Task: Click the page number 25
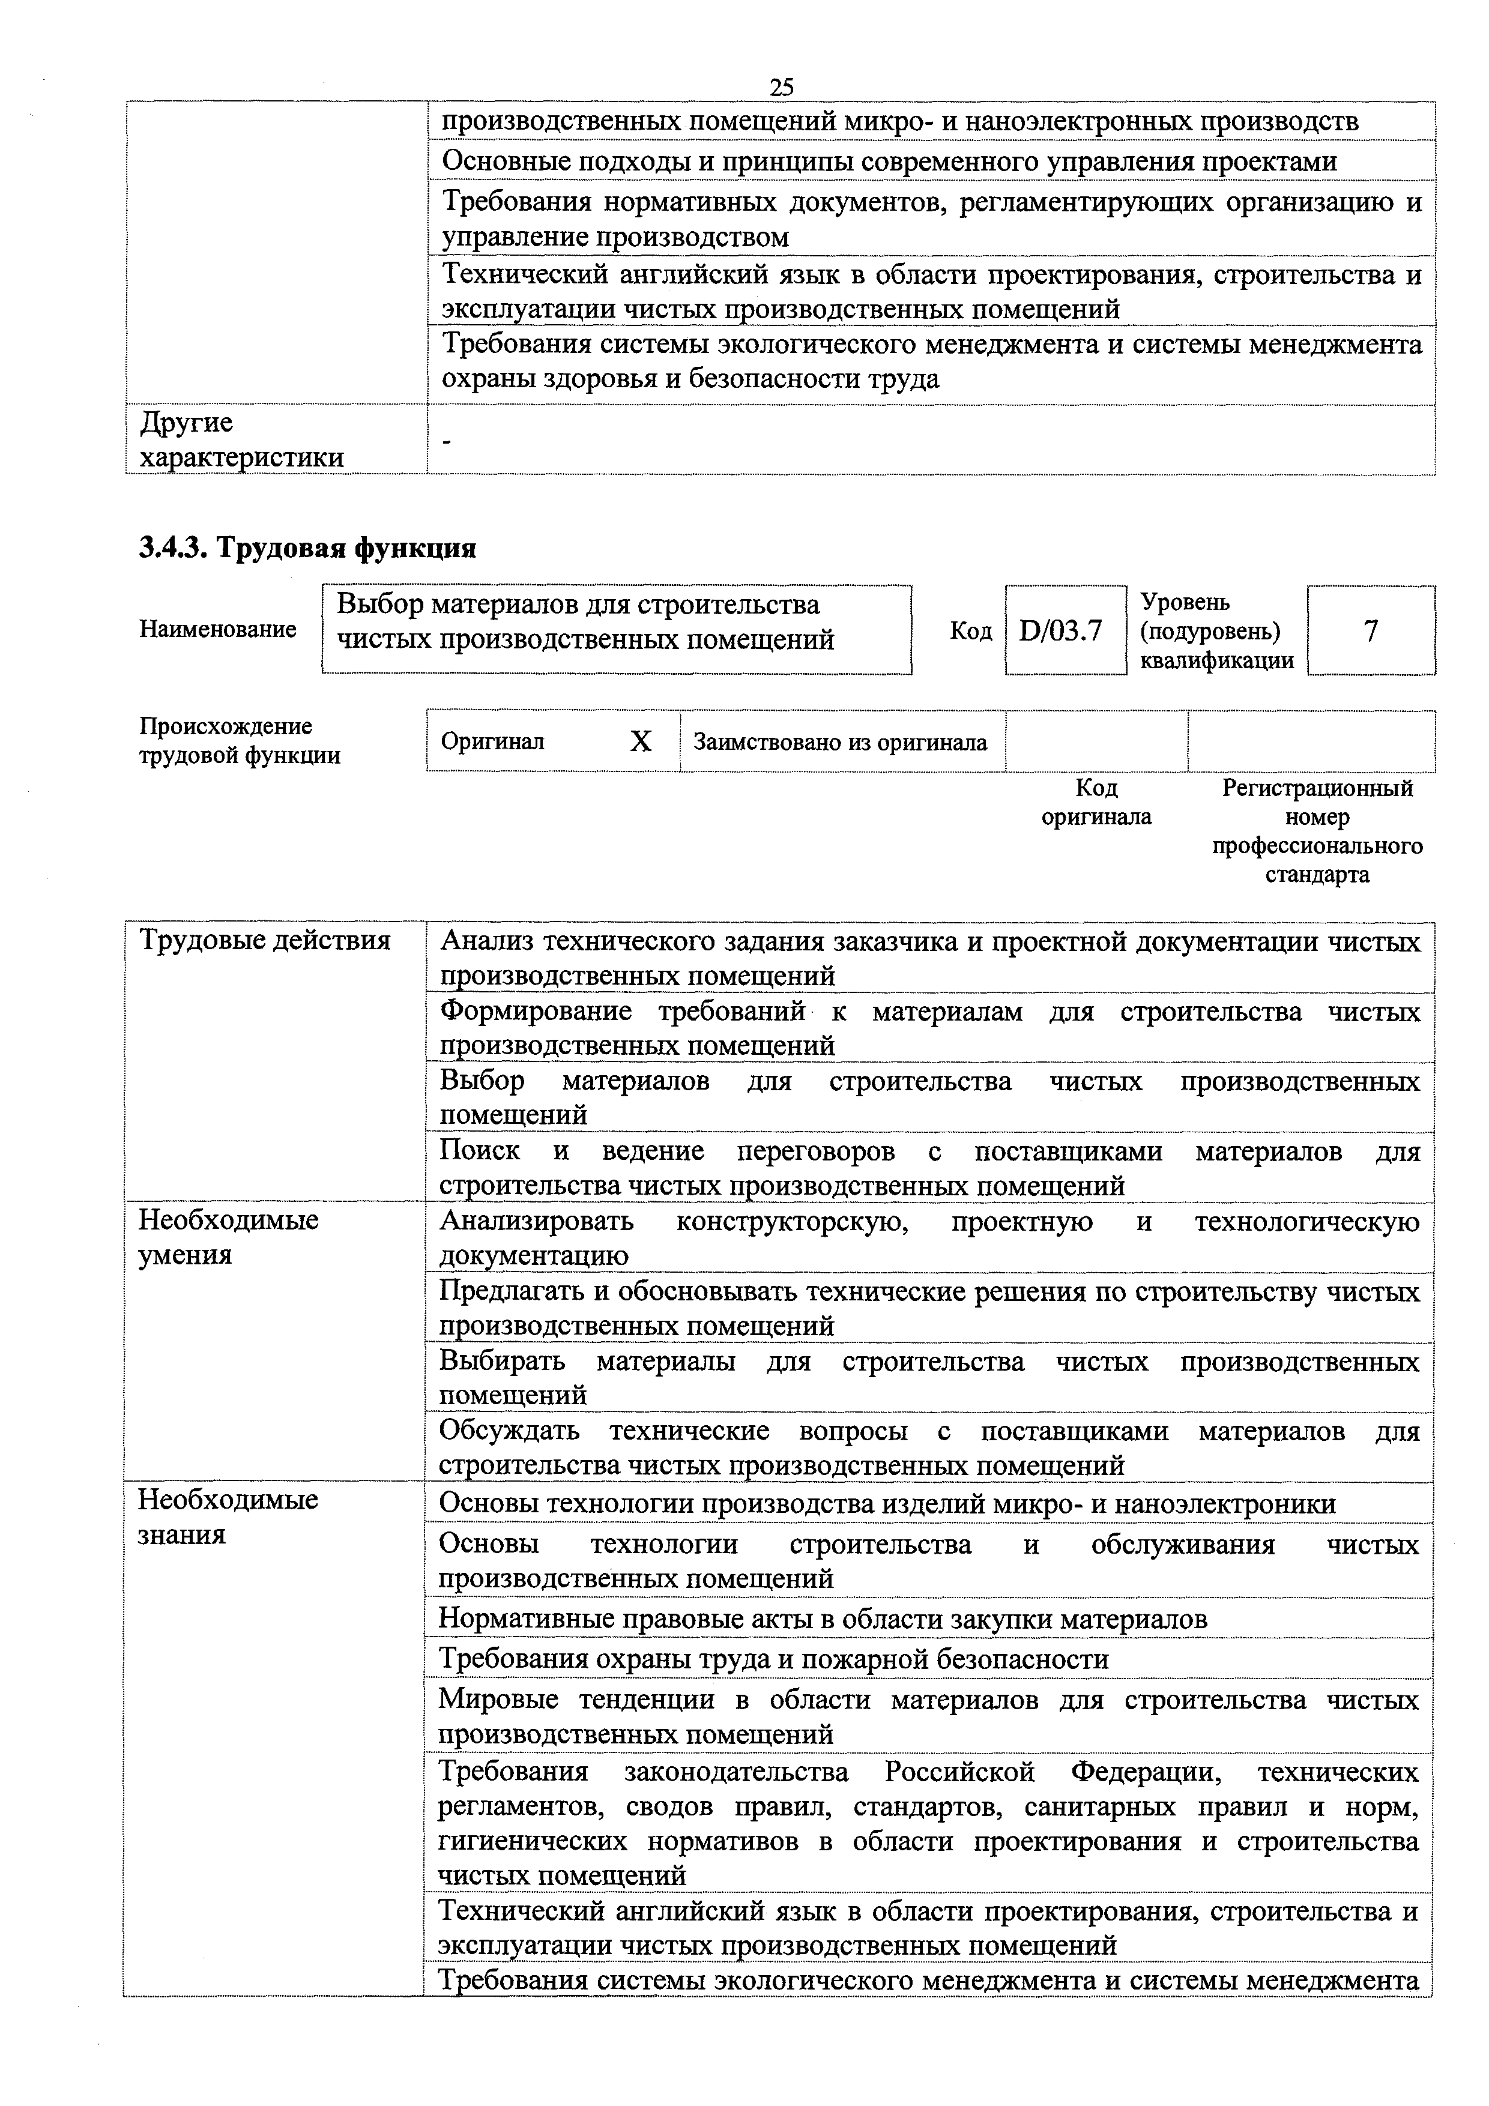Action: click(781, 87)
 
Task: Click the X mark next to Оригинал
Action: click(641, 741)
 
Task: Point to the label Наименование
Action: click(219, 629)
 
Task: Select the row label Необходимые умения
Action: click(228, 1237)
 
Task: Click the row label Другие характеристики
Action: click(241, 440)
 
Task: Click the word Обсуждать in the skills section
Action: click(509, 1431)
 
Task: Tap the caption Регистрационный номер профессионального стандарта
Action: click(1317, 831)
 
